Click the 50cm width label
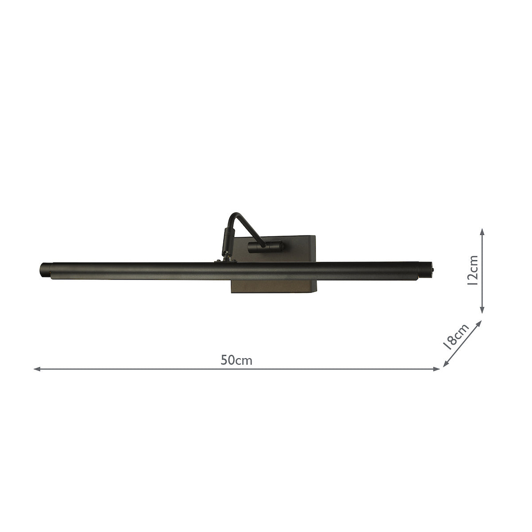point(237,360)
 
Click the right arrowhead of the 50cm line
point(438,369)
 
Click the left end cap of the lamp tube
point(45,270)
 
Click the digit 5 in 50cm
point(224,360)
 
